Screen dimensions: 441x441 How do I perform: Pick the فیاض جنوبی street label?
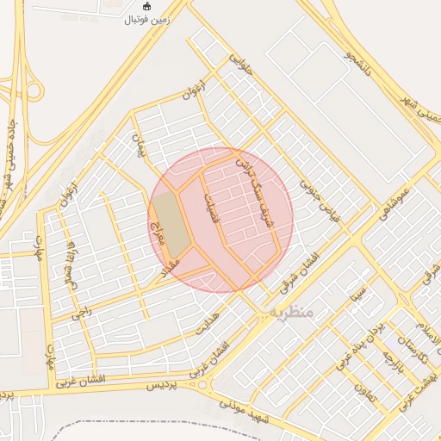click(320, 198)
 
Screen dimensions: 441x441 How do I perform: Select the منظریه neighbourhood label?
click(290, 311)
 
